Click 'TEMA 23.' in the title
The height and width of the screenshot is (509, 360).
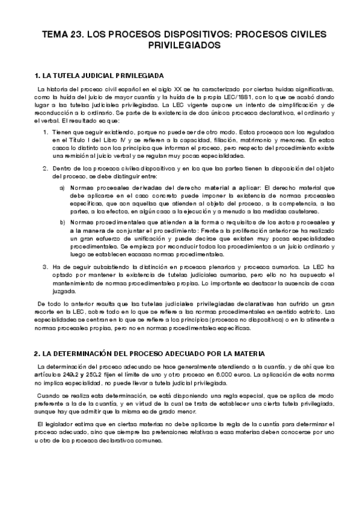pos(63,35)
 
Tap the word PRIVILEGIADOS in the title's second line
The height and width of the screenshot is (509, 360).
pos(180,46)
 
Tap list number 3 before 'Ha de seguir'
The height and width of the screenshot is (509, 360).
pos(45,266)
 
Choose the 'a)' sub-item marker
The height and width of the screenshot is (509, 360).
pos(63,188)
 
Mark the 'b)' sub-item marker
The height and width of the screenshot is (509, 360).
pos(63,222)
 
